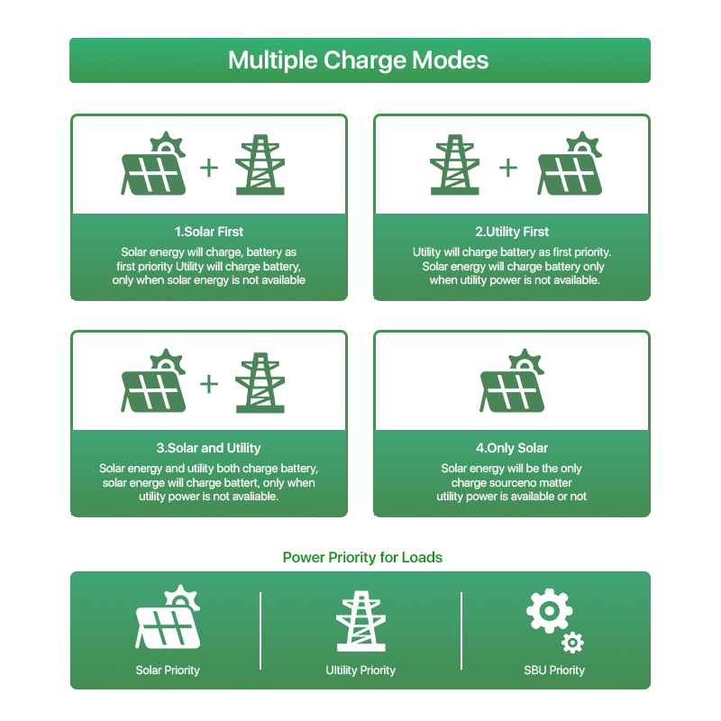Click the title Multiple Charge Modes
(x=358, y=60)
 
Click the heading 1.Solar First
(x=209, y=232)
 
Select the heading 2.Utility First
(x=512, y=232)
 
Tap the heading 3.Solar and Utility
(x=208, y=448)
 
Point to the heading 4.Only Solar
(x=512, y=448)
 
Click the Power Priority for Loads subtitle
(x=362, y=557)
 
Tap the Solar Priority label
(x=168, y=671)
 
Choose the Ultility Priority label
(x=360, y=671)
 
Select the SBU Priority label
(x=554, y=671)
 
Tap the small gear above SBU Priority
(x=572, y=643)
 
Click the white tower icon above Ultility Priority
(x=361, y=621)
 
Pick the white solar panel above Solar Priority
(x=168, y=616)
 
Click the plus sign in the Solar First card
(x=209, y=168)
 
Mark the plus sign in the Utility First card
(x=508, y=168)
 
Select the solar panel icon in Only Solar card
(x=512, y=380)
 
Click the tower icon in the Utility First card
(x=455, y=165)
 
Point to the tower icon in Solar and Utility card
(x=260, y=382)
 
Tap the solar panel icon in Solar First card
(x=153, y=163)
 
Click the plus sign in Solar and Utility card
(x=209, y=384)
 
